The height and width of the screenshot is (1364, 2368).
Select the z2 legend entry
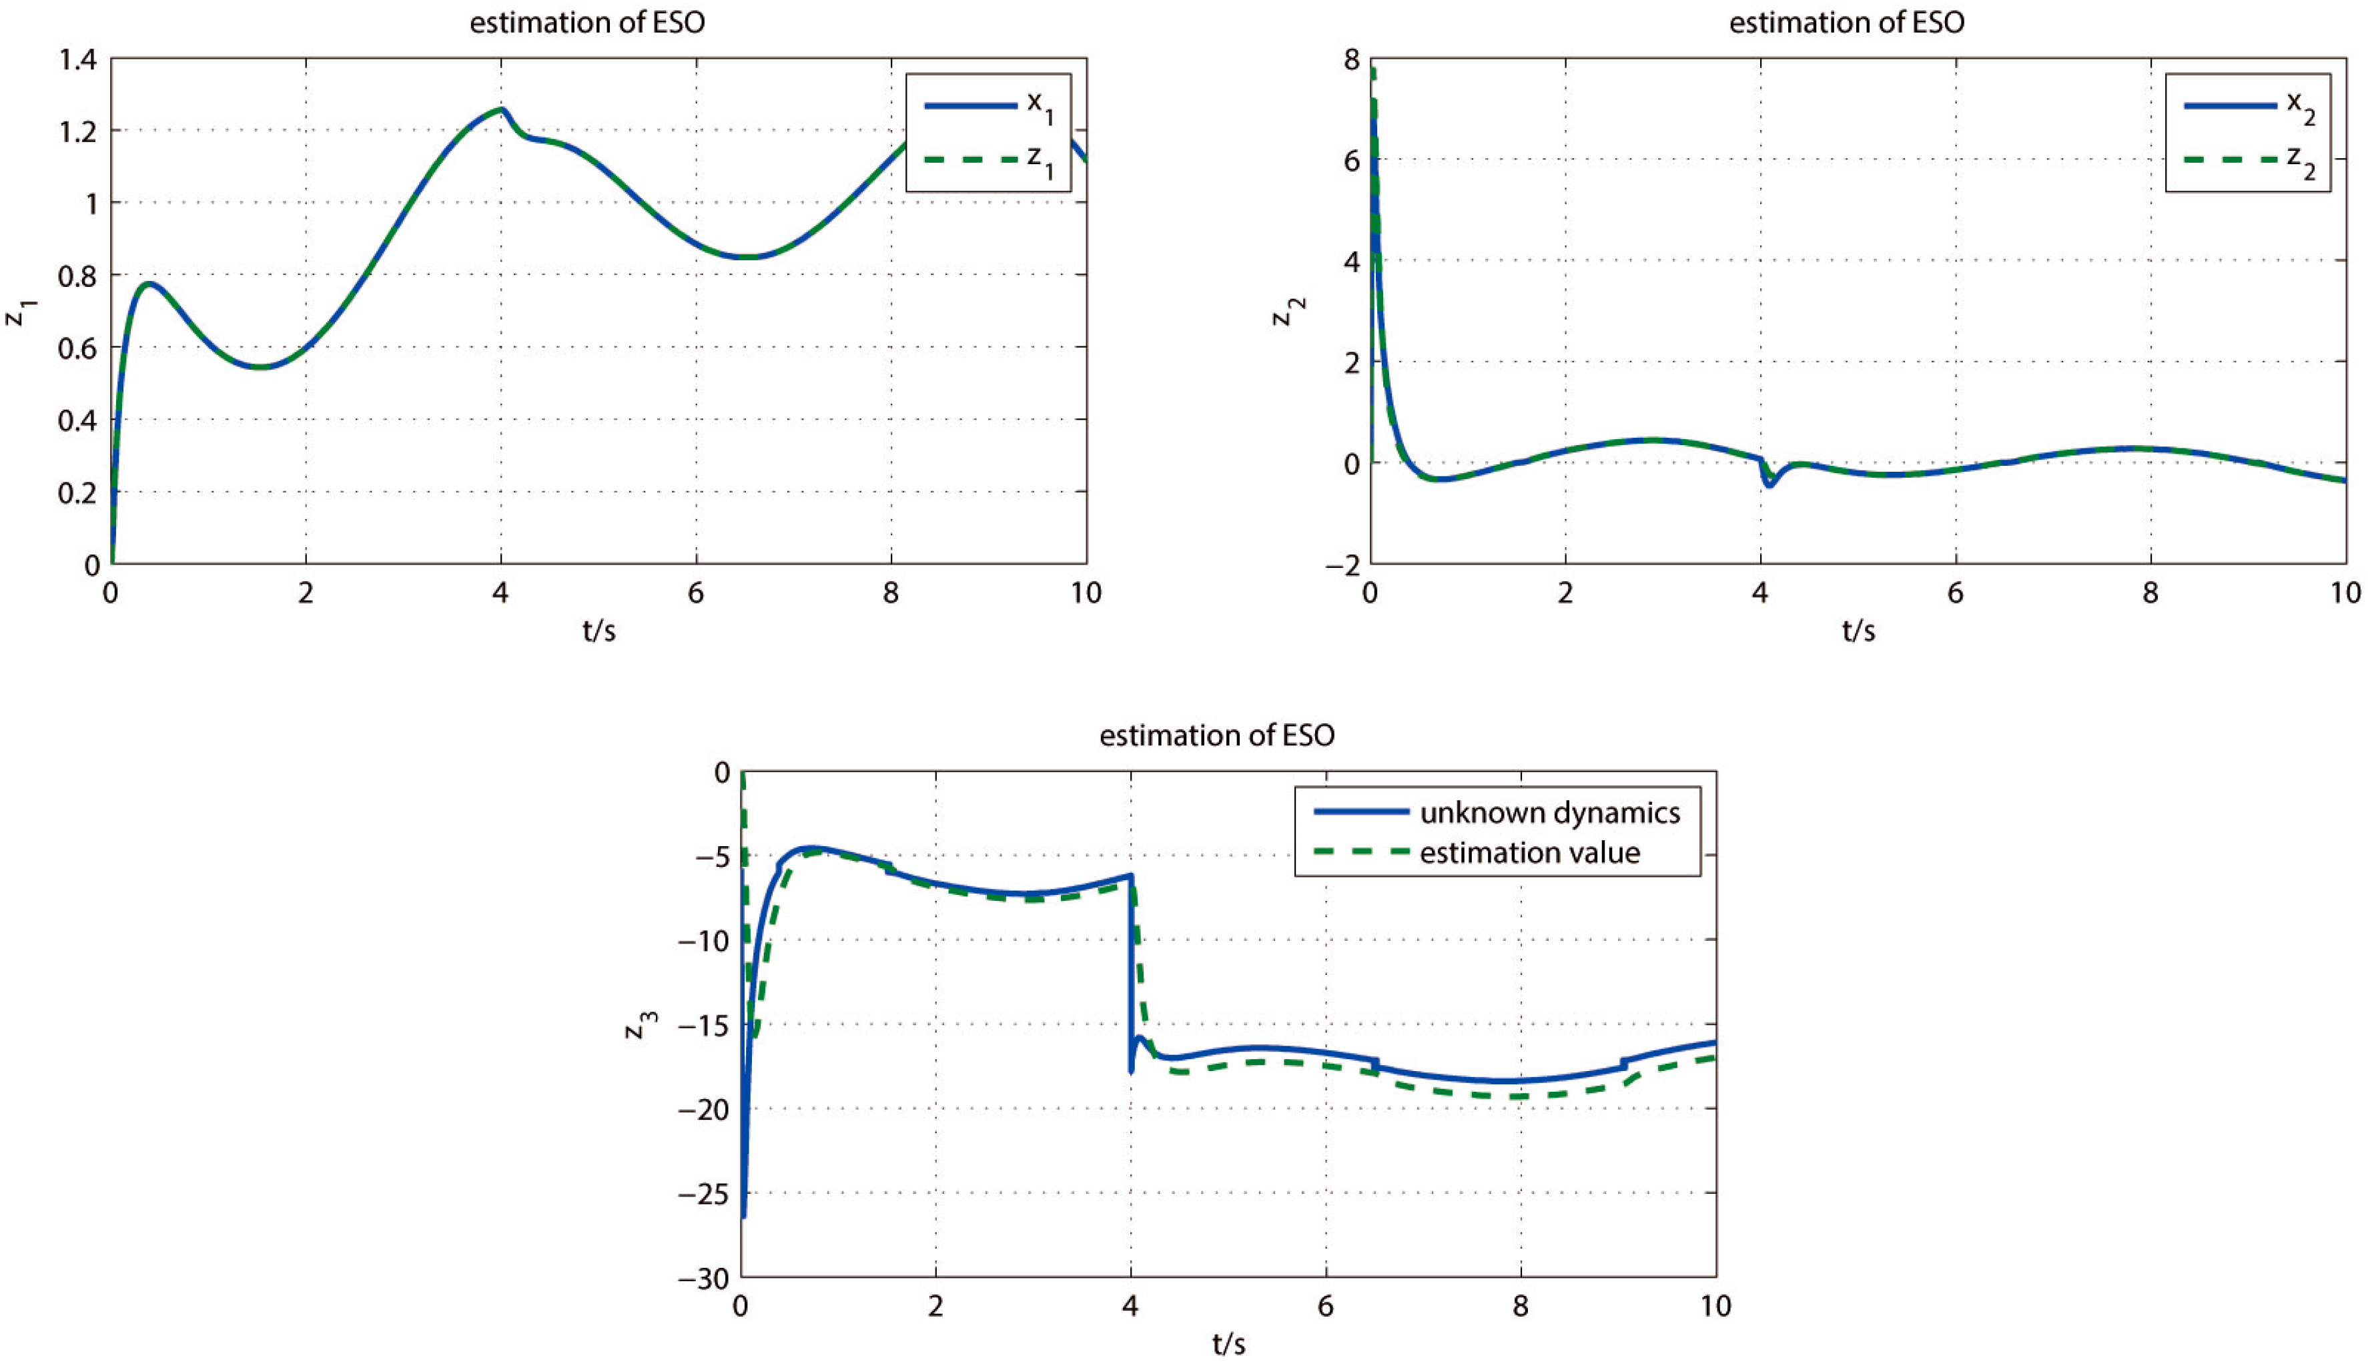pos(2248,159)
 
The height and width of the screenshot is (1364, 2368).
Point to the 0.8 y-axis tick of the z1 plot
pos(78,276)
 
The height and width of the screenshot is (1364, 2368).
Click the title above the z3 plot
pos(1217,735)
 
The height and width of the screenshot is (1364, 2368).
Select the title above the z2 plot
pos(1846,23)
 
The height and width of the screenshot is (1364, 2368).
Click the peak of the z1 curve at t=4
pos(502,109)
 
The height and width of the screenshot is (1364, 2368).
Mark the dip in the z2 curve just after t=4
pos(1769,484)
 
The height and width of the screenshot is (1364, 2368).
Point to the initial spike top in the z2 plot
pos(1372,70)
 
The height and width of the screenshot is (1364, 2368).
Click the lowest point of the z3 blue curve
pos(743,1216)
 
